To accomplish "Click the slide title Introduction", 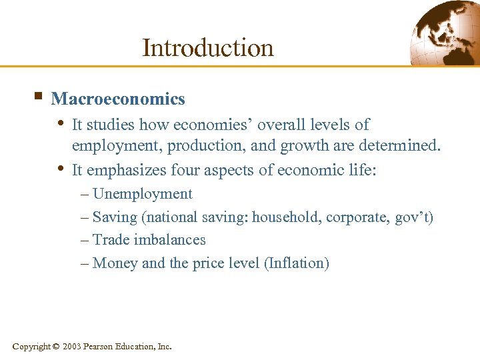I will [x=207, y=47].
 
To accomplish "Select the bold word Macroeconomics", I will [x=118, y=99].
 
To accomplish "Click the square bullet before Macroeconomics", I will [x=37, y=97].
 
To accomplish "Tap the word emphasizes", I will [x=127, y=171].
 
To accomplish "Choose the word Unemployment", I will [x=143, y=194].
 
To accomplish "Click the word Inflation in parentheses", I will [x=297, y=263].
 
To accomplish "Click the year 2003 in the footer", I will [x=73, y=346].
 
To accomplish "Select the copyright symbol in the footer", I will [x=55, y=346].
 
